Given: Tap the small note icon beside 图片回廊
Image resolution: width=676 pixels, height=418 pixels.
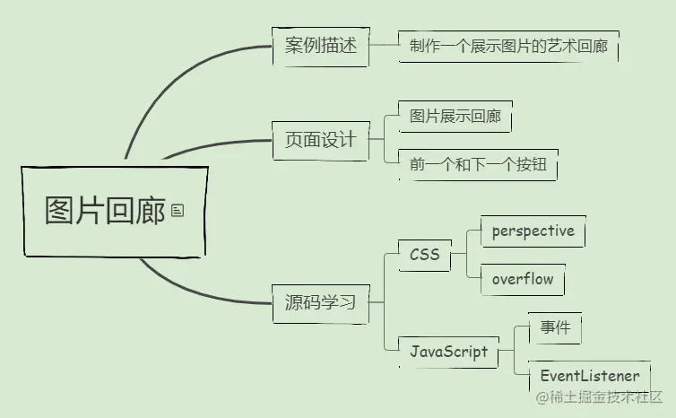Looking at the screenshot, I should [178, 211].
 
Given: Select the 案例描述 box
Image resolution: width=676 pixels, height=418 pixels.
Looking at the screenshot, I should [320, 46].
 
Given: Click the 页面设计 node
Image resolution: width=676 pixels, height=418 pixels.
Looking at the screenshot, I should [320, 140].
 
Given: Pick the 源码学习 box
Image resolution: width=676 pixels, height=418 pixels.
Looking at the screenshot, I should [320, 302].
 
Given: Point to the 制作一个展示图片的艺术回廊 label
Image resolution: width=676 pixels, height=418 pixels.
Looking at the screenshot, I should [508, 46].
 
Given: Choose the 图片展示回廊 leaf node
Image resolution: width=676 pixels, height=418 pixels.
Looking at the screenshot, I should [455, 117].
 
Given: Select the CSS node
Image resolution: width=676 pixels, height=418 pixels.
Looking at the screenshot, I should [424, 255].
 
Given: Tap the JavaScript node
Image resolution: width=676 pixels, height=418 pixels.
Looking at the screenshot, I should [448, 351].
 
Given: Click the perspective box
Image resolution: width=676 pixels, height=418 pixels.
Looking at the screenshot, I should [533, 231].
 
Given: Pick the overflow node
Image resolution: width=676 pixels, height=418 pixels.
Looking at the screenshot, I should [523, 279].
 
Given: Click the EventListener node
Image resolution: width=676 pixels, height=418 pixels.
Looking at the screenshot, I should [589, 377].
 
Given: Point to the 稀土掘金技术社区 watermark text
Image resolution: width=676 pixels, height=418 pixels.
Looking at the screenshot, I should [606, 396].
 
